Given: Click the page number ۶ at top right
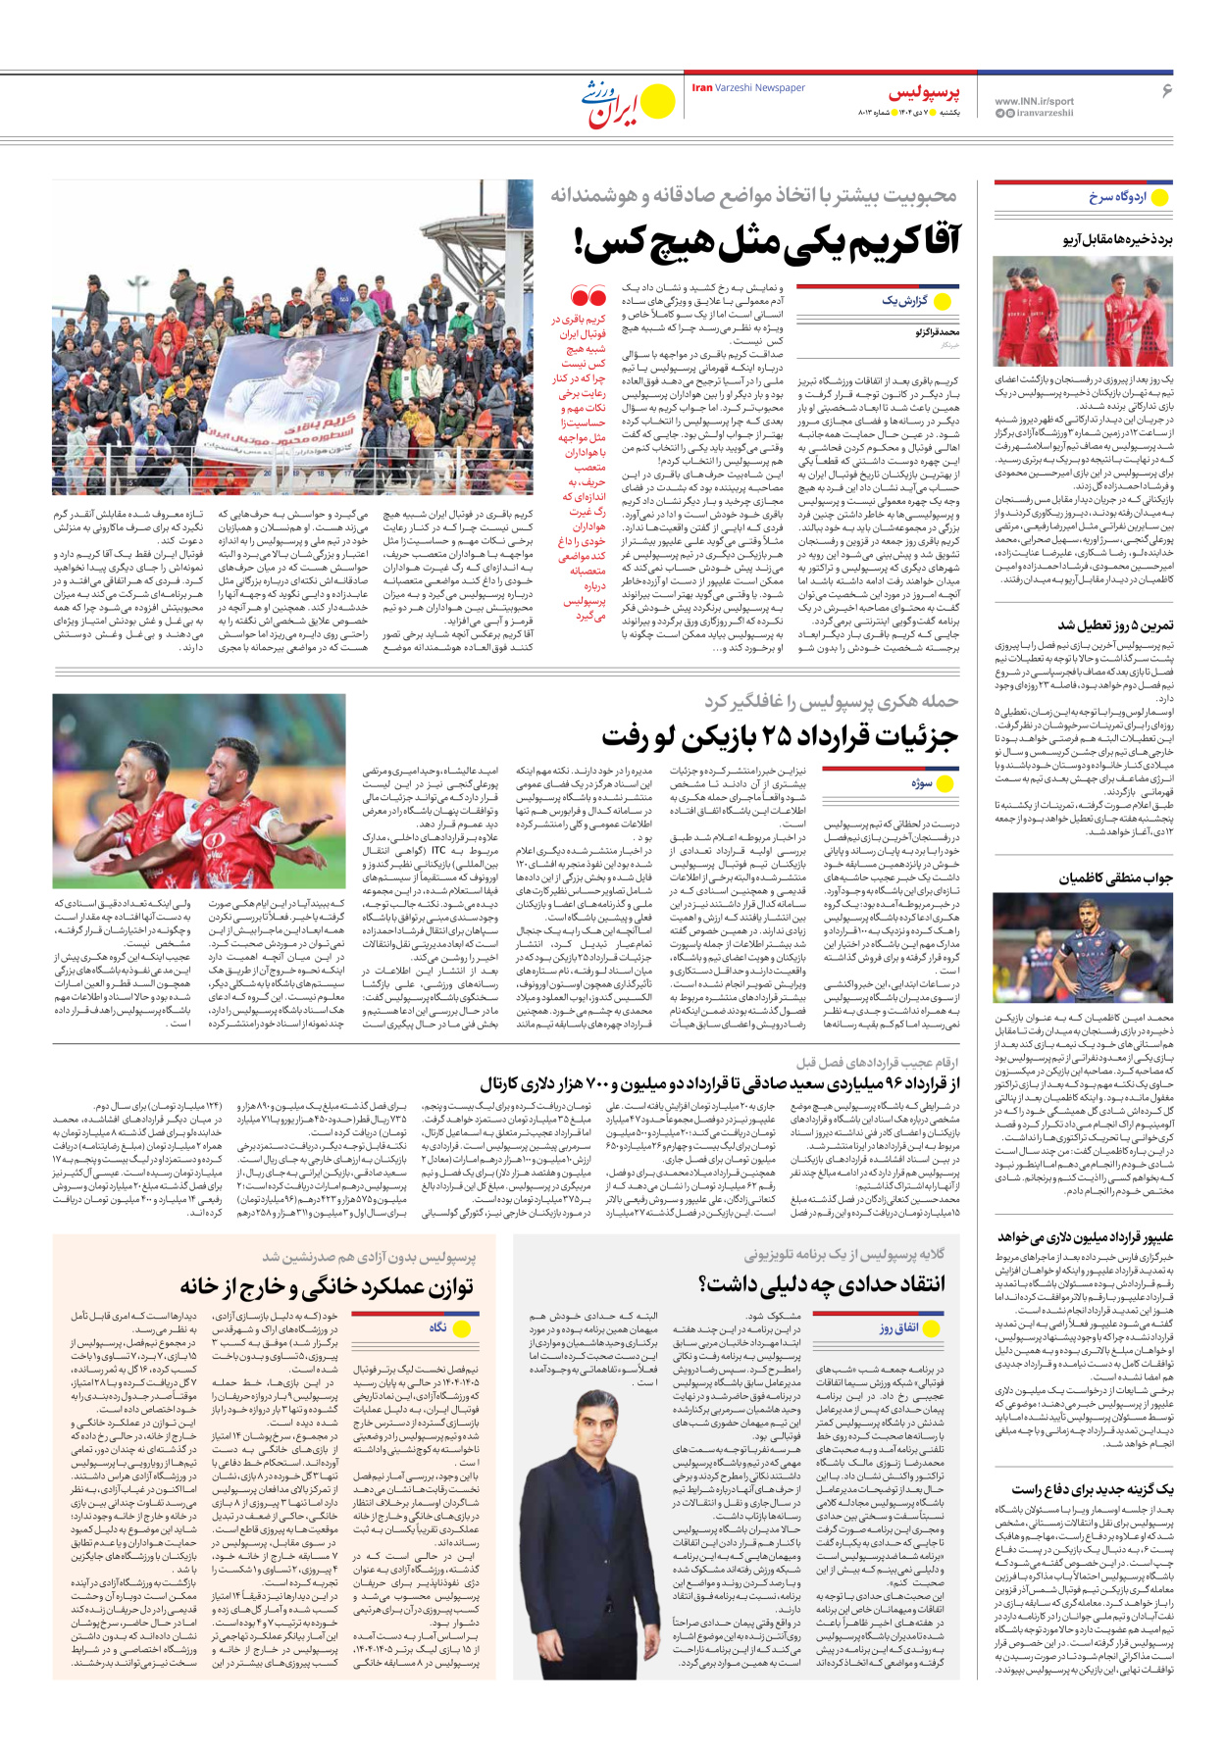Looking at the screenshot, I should click(1166, 91).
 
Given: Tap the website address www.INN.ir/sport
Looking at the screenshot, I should click(1034, 101).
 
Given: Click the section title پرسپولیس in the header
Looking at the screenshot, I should click(924, 94).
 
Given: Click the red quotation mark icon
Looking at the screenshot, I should click(587, 296).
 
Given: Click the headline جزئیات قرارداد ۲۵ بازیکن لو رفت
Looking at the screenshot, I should click(780, 737).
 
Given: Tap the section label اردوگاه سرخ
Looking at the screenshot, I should click(1117, 197).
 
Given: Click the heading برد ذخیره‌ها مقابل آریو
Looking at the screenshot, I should click(1117, 239).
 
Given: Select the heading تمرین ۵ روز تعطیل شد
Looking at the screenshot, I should click(1114, 625).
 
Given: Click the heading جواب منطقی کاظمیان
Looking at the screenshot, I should click(1115, 878).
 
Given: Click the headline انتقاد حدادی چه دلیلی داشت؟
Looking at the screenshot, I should click(822, 1283).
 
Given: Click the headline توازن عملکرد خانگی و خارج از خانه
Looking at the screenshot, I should click(327, 1286).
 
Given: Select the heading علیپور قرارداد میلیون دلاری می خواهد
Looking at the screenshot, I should click(1086, 1237).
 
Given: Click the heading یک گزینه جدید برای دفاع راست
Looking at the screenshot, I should click(1093, 1489).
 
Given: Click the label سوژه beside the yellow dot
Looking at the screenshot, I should click(921, 783).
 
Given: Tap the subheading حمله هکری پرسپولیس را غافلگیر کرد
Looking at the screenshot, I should click(830, 701).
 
